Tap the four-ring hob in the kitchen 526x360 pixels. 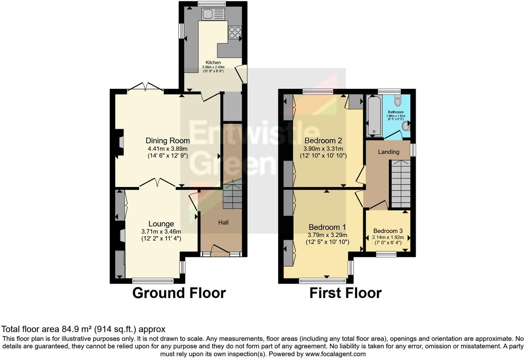[235, 32]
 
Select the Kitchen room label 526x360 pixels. [213, 63]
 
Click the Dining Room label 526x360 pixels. [167, 141]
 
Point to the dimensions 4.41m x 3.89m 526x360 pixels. [167, 148]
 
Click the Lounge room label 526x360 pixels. [161, 224]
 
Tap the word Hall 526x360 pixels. [223, 222]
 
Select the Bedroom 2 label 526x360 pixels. [323, 141]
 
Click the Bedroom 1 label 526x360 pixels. [327, 227]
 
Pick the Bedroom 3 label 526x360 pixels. [388, 231]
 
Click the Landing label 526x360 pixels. [388, 152]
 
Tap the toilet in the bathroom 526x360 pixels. [397, 101]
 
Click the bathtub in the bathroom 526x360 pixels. [374, 116]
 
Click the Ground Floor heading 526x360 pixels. [179, 293]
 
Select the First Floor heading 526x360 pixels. [345, 293]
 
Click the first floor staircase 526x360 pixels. [400, 183]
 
